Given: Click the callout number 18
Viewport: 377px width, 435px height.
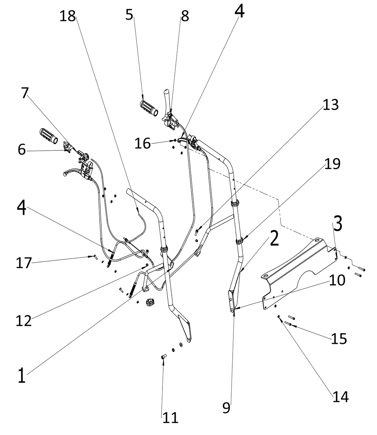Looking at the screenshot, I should (x=67, y=16).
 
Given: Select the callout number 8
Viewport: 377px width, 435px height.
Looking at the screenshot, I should (x=185, y=16).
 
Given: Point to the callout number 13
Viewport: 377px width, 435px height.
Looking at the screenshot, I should (x=330, y=105).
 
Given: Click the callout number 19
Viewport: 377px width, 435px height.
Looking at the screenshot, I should (x=332, y=164).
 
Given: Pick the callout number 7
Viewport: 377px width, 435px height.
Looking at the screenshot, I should (x=24, y=93).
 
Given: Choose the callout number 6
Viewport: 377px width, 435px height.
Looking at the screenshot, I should (x=22, y=150).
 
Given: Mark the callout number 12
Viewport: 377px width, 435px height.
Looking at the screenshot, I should (x=24, y=321).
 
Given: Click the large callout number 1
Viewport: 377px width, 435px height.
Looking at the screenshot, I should (x=22, y=376).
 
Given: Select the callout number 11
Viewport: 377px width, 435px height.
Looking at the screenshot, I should (x=170, y=418).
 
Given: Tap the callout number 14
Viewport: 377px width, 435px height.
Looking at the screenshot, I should (x=340, y=396).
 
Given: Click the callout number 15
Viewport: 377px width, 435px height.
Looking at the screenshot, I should (x=339, y=339).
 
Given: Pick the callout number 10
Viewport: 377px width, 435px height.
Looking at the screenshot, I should (x=337, y=280).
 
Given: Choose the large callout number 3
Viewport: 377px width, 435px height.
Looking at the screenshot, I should (x=338, y=224).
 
